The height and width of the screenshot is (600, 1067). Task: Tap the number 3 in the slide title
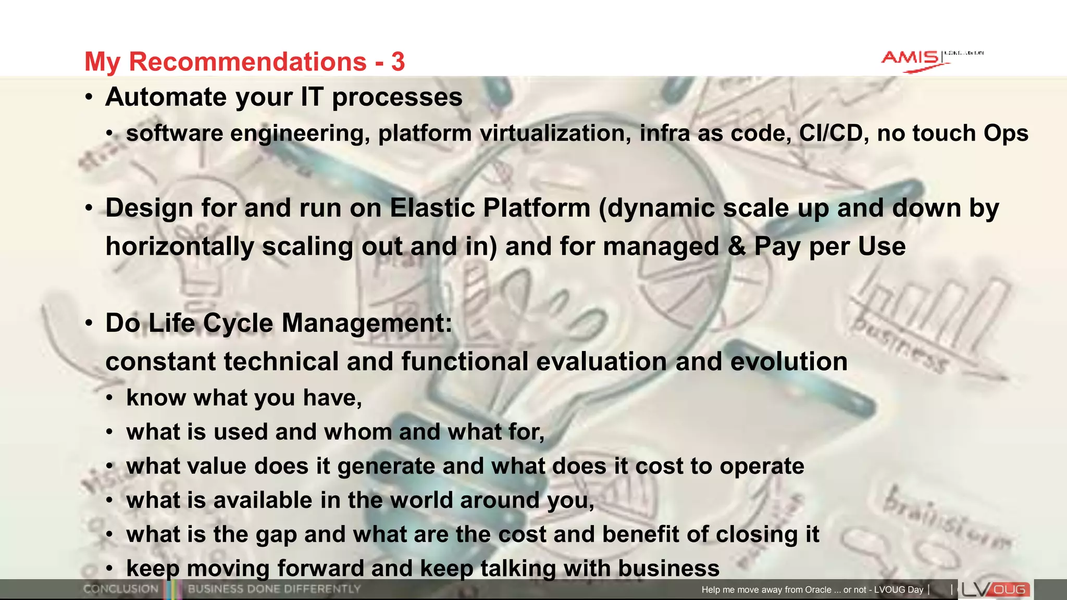point(398,61)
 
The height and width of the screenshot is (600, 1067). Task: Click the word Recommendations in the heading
point(247,61)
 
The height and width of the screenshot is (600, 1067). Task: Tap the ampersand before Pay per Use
point(737,246)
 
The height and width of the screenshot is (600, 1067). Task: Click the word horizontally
point(179,246)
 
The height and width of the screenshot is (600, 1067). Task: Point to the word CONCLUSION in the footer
point(120,589)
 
